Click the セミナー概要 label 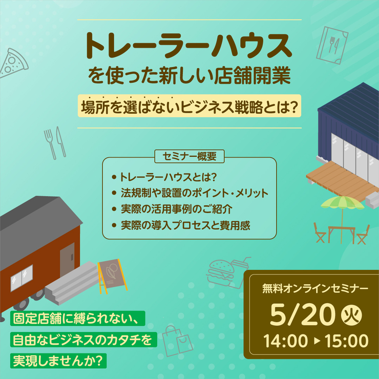[189, 155]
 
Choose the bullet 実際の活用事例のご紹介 [176, 209]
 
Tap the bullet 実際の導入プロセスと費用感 [185, 225]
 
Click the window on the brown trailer [21, 278]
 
